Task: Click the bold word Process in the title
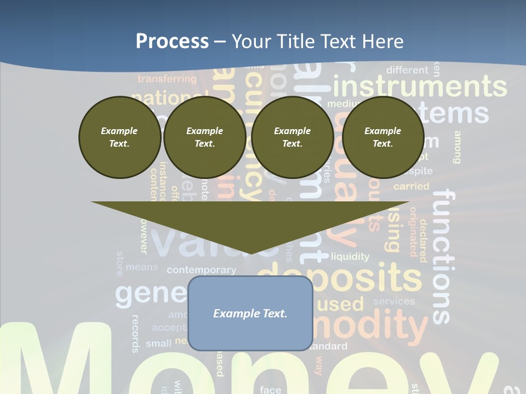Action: click(172, 41)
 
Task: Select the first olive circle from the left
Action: click(119, 137)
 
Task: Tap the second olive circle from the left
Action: click(205, 137)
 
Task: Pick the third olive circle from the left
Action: click(293, 137)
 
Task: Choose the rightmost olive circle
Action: click(383, 137)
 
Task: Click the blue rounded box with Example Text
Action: click(250, 313)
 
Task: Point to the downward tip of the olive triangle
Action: click(250, 253)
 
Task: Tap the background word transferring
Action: click(167, 79)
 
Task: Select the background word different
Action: click(407, 70)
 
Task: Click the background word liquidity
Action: click(350, 256)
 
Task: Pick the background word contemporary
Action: click(201, 270)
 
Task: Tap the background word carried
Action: click(411, 187)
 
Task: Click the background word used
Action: click(341, 303)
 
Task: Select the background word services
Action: click(394, 301)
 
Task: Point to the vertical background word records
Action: click(135, 333)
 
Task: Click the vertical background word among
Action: click(457, 147)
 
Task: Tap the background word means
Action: click(141, 268)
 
